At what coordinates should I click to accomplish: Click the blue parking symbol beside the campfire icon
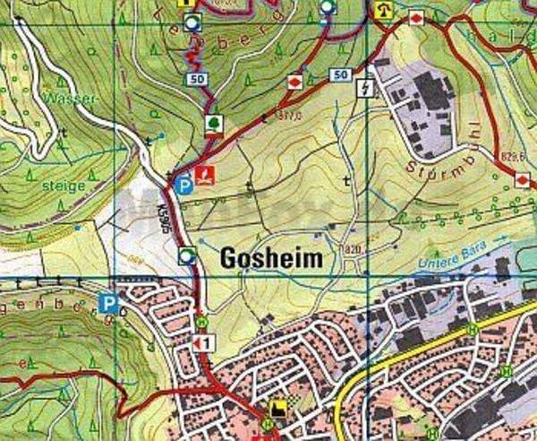pyautogui.click(x=183, y=186)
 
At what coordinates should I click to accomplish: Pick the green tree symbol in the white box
pyautogui.click(x=214, y=122)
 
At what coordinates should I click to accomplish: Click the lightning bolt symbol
pyautogui.click(x=363, y=87)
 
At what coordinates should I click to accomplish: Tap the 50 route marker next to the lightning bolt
pyautogui.click(x=339, y=74)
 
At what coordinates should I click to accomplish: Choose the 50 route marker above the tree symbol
pyautogui.click(x=196, y=79)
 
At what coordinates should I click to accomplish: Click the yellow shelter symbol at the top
pyautogui.click(x=386, y=11)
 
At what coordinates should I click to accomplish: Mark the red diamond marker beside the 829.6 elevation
pyautogui.click(x=522, y=180)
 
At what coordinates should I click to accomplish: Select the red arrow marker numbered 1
pyautogui.click(x=204, y=343)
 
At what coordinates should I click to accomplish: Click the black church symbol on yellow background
pyautogui.click(x=278, y=408)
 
